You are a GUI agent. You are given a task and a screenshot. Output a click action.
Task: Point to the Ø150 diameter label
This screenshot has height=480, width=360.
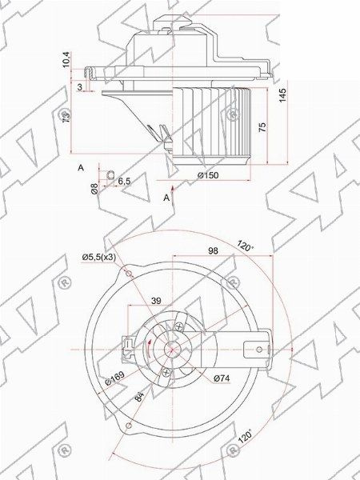(208, 175)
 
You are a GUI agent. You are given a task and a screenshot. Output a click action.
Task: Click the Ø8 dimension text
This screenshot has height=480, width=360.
(94, 190)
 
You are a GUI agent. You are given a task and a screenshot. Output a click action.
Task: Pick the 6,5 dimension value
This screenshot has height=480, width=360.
(124, 182)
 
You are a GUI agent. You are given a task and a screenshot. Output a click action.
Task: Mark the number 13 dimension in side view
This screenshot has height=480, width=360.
(66, 117)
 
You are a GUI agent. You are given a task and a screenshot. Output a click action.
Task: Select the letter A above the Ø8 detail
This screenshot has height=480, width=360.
(81, 167)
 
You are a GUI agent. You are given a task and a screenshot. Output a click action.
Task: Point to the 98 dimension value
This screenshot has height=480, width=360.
(213, 251)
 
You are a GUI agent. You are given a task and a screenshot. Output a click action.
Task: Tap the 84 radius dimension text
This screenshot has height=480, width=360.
(138, 396)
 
